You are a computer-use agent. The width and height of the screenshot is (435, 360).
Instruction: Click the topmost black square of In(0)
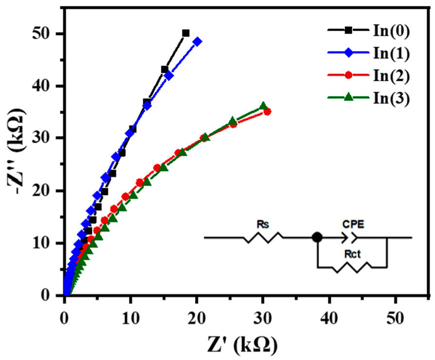click(186, 33)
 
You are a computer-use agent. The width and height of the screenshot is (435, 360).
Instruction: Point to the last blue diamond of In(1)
click(197, 42)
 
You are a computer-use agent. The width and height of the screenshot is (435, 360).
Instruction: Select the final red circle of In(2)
click(267, 111)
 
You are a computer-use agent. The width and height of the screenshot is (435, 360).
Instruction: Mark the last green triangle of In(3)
click(263, 106)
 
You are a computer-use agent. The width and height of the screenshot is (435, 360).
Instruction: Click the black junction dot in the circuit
click(317, 237)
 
